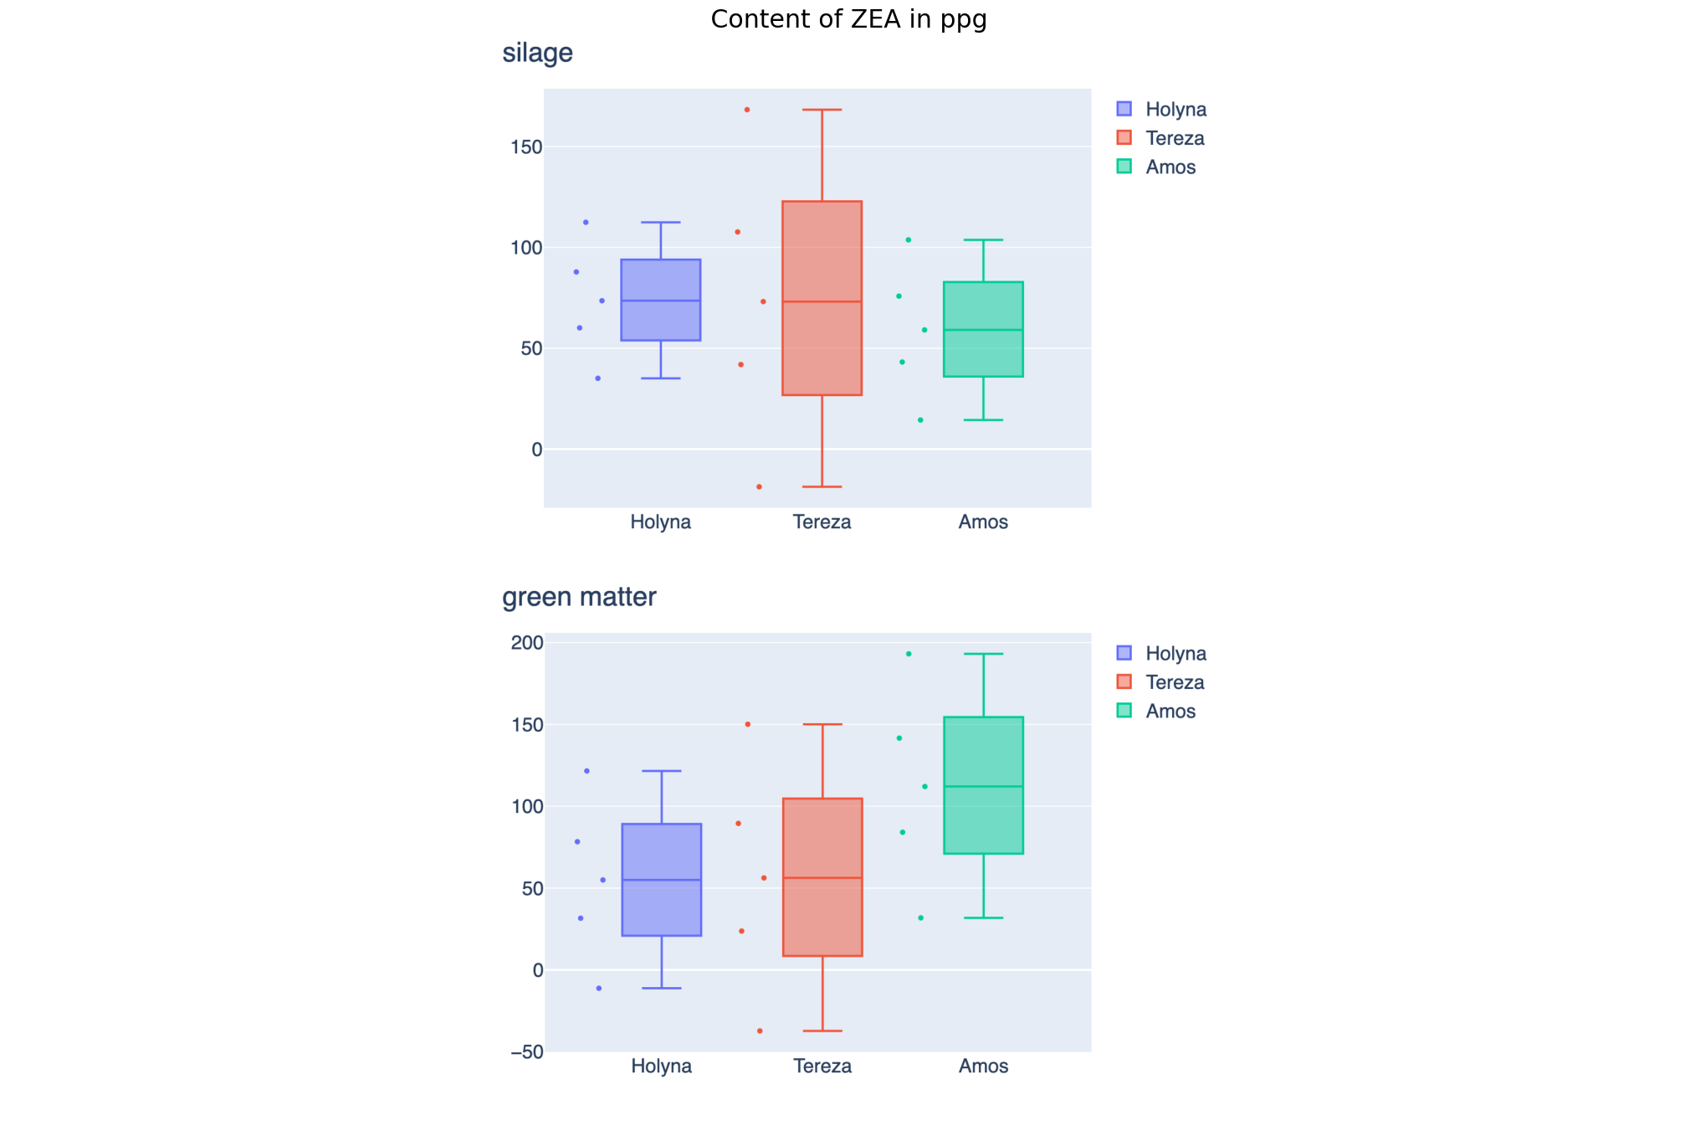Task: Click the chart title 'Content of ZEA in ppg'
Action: pyautogui.click(x=848, y=19)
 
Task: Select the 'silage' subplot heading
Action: pyautogui.click(x=537, y=53)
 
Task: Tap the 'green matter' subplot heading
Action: pyautogui.click(x=579, y=597)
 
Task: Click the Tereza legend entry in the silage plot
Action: pyautogui.click(x=1174, y=138)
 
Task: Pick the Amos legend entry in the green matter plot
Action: pyautogui.click(x=1170, y=711)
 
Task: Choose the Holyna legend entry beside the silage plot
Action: pyautogui.click(x=1175, y=110)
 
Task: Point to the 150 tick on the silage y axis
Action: pyautogui.click(x=526, y=147)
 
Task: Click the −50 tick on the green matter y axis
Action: pyautogui.click(x=526, y=1052)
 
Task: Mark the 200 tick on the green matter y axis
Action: pyautogui.click(x=527, y=643)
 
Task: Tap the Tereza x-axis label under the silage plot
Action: pyautogui.click(x=822, y=522)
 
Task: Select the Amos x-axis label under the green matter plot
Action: pyautogui.click(x=983, y=1067)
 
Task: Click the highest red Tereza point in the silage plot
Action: pyautogui.click(x=747, y=110)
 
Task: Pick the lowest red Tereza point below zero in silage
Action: pyautogui.click(x=759, y=486)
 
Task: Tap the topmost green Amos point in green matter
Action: pyautogui.click(x=909, y=654)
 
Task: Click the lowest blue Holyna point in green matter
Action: pyautogui.click(x=599, y=989)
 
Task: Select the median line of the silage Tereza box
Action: pyautogui.click(x=822, y=301)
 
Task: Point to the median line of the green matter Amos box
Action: pyautogui.click(x=983, y=786)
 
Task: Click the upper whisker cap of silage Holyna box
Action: pyautogui.click(x=661, y=223)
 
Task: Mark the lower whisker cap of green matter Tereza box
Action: pyautogui.click(x=822, y=1031)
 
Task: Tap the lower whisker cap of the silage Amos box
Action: pyautogui.click(x=983, y=419)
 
